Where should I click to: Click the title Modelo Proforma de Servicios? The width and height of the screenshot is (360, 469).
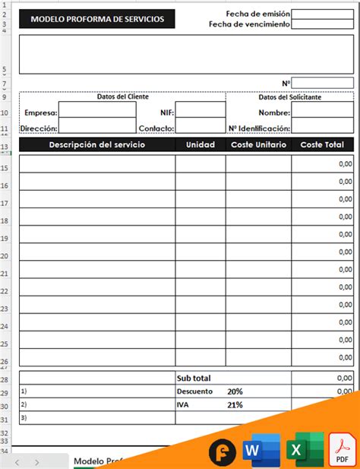tap(96, 19)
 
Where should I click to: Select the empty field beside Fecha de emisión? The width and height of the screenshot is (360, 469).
tap(322, 14)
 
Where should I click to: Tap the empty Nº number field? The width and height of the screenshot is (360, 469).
tap(322, 83)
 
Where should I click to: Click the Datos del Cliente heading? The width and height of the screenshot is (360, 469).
tap(122, 97)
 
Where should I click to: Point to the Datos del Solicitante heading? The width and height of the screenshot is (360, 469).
tap(289, 97)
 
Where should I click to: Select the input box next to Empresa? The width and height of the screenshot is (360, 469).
tap(87, 112)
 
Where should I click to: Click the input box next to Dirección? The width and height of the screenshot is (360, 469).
tap(87, 128)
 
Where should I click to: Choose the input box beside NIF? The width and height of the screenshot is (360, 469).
tap(201, 112)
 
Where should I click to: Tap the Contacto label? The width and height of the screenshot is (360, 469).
tap(156, 128)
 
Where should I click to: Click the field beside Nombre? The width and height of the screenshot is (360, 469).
tap(322, 112)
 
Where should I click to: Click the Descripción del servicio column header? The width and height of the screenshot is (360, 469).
tap(96, 144)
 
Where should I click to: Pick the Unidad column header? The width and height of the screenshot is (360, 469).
tap(201, 144)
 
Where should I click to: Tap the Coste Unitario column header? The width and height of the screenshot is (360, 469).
tap(258, 144)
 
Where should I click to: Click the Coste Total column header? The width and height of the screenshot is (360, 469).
tap(322, 144)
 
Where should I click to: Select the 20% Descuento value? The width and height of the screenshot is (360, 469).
tap(235, 391)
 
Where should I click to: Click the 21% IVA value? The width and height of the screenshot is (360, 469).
tap(235, 405)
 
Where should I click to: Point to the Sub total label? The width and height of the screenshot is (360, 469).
tap(194, 378)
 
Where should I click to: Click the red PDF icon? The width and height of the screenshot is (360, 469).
tap(343, 452)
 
